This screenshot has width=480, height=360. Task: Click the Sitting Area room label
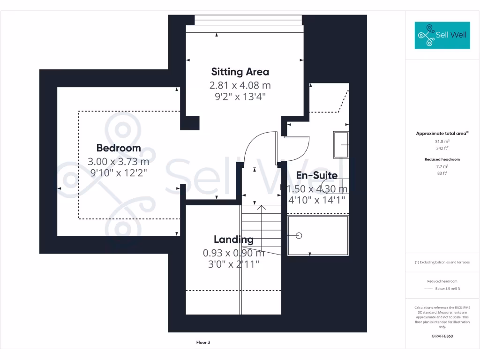240,72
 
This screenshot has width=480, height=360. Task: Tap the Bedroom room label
119,148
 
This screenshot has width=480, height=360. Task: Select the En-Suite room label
317,175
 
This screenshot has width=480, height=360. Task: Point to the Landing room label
233,240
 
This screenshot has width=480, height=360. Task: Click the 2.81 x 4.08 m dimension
240,85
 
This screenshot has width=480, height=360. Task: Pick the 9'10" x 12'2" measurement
119,173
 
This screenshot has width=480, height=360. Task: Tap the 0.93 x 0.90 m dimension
233,253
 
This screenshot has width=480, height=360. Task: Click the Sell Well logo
442,35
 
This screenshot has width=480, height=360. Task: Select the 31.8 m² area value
442,142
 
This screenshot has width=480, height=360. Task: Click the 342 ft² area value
442,148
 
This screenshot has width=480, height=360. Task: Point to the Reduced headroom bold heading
442,159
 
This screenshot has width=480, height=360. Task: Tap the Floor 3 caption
203,343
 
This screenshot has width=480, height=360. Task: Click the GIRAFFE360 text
442,336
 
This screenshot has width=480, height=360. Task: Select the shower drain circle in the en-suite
299,235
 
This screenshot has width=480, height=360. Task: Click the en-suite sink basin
341,145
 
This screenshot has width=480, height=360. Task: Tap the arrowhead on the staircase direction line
262,208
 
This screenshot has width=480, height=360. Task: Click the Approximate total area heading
442,134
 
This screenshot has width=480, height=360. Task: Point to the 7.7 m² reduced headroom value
442,166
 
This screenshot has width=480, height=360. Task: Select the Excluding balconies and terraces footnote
442,262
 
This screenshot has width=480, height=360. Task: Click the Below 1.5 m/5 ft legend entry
448,289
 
